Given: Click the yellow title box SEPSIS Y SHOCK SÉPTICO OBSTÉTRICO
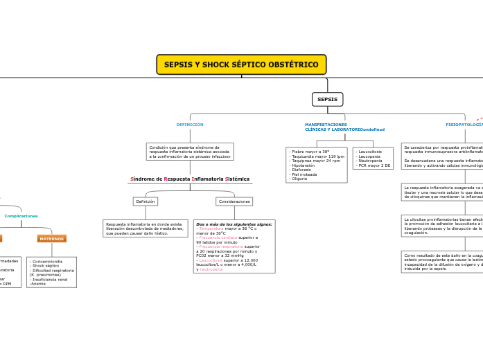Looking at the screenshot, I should (241, 64).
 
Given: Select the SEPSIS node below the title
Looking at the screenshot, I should (327, 99).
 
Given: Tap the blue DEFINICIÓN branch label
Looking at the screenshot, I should (190, 125).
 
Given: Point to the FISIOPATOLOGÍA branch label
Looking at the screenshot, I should (463, 125).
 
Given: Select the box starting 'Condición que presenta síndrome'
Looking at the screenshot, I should (190, 152).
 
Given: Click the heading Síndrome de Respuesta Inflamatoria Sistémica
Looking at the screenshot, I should (190, 179).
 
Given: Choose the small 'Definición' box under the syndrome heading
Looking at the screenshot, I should (146, 201).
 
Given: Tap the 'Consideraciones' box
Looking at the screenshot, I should (234, 201).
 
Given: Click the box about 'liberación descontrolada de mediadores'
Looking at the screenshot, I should (145, 228).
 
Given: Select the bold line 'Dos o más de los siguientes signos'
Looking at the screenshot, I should (234, 224).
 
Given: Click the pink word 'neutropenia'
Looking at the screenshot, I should (211, 269).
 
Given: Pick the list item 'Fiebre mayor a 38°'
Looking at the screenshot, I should (309, 151).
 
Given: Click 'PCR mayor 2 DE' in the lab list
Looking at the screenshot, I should (374, 165).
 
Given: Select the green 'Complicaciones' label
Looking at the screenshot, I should (21, 216).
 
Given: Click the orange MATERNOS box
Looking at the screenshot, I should (51, 238).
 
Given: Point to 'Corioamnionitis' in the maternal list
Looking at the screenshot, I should (47, 262).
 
